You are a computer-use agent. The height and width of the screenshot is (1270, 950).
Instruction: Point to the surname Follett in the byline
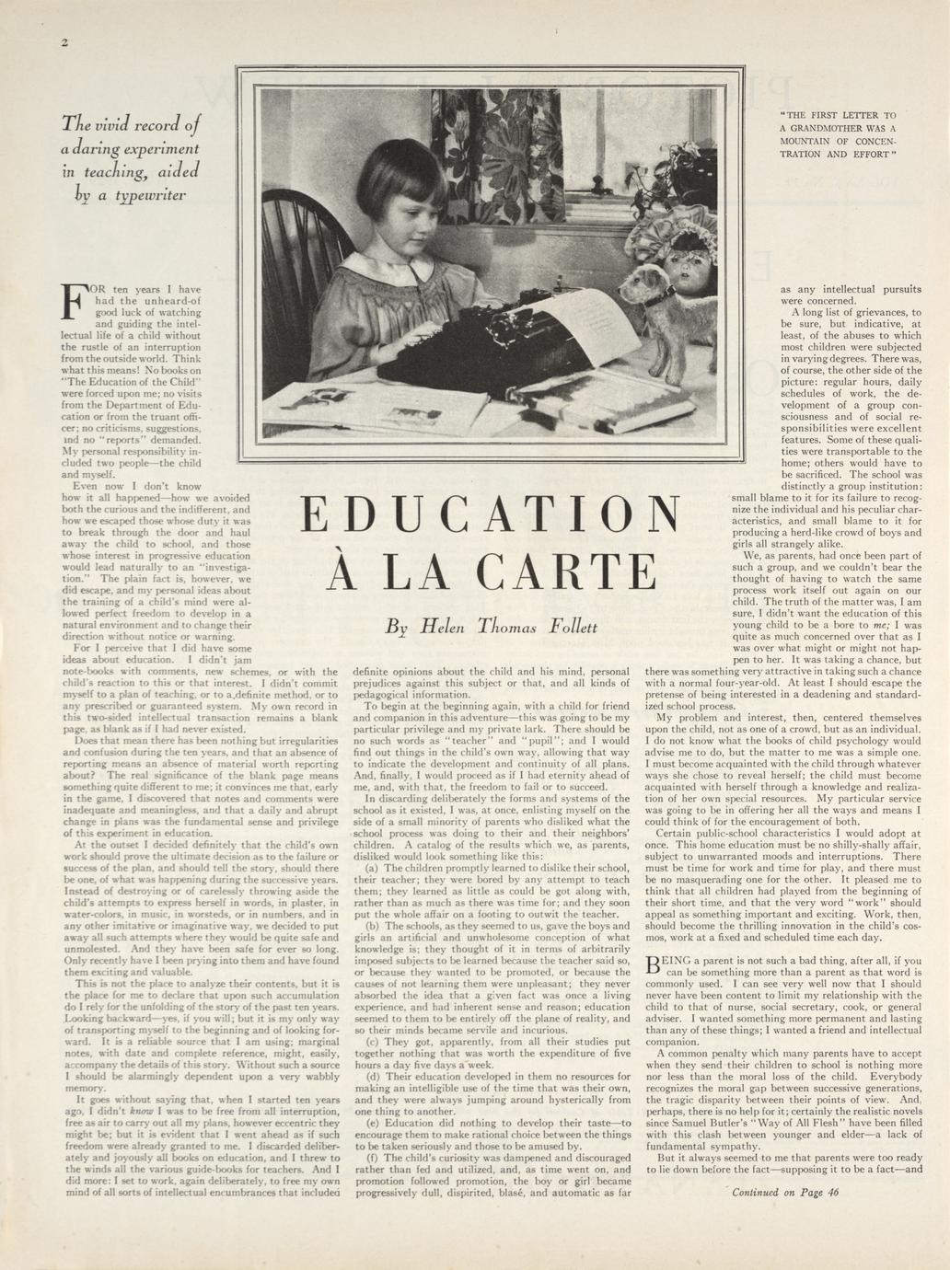[x=573, y=629]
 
